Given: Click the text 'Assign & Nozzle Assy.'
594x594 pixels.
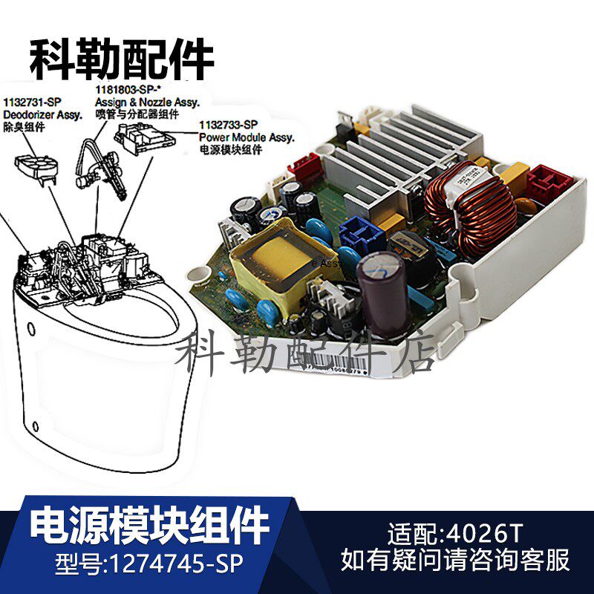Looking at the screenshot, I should pos(139,102).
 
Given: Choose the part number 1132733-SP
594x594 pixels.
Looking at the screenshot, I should pos(229,125).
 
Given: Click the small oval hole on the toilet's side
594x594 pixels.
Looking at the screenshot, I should pos(30,329).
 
